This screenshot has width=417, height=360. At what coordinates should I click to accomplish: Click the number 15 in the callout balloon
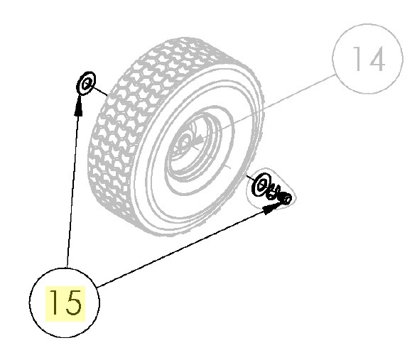coord(65,302)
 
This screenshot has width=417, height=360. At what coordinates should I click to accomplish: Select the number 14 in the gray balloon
coord(369,59)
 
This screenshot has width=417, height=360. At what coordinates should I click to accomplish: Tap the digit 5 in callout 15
coord(72,302)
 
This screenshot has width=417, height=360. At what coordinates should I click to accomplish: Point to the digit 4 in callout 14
coord(375,59)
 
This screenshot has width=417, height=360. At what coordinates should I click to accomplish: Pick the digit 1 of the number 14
coord(357,59)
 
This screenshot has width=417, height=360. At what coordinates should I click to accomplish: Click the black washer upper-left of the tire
coord(86,82)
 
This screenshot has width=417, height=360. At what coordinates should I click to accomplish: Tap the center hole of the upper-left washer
coord(86,84)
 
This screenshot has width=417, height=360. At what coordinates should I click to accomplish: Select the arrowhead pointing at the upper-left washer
coord(78,106)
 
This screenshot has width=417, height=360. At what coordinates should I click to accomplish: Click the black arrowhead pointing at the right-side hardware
coord(272,204)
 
